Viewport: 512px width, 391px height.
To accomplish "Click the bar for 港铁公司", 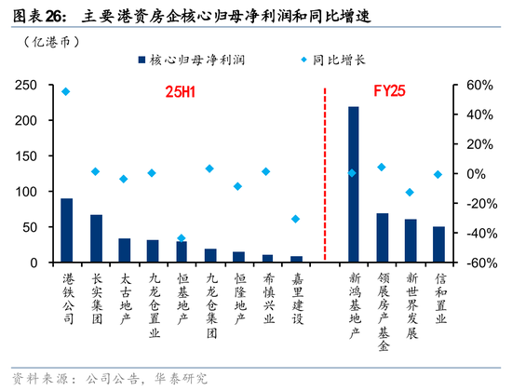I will coord(67,230).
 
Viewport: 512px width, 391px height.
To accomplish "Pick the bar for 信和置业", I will coord(438,245).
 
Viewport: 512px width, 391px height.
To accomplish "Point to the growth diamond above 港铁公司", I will coord(65,91).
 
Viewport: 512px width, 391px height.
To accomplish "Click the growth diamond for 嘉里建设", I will coord(296,220).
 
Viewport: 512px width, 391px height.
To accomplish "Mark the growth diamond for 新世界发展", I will coord(410,193).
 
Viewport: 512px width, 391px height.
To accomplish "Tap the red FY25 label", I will coord(388,93).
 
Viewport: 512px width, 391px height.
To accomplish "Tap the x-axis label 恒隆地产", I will coord(239,296).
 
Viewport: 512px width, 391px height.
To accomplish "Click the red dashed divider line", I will coord(325,177).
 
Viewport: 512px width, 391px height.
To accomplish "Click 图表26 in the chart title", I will coord(35,16).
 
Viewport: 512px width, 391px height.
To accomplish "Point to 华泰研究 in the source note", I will coord(184,377).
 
